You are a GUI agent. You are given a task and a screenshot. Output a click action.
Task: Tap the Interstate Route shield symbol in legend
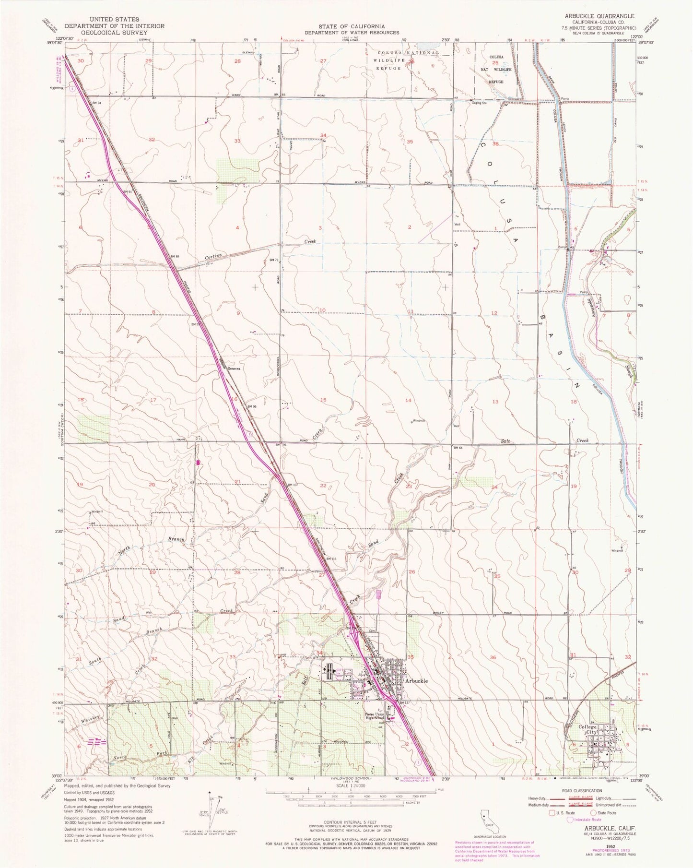pyautogui.click(x=569, y=820)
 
